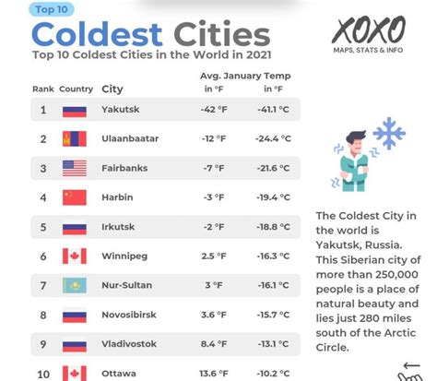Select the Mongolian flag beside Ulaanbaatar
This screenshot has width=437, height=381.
[75, 138]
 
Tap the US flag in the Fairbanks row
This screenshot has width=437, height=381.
[75, 168]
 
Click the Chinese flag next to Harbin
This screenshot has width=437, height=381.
[75, 197]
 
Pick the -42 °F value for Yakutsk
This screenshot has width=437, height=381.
[213, 110]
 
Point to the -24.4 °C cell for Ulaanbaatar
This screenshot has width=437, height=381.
[274, 138]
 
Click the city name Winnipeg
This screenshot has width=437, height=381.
[123, 256]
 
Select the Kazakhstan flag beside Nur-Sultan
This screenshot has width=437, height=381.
[75, 285]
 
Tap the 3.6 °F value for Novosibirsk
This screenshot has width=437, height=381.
[213, 315]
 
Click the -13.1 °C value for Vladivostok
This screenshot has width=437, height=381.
[274, 344]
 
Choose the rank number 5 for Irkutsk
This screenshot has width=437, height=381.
[43, 227]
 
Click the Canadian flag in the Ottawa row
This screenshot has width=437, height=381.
[75, 373]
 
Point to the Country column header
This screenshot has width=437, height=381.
[76, 89]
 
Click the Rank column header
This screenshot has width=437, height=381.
[43, 89]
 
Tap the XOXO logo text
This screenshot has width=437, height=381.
[369, 30]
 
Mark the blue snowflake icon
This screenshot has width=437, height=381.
[388, 133]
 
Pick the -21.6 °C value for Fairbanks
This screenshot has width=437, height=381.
[274, 168]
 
